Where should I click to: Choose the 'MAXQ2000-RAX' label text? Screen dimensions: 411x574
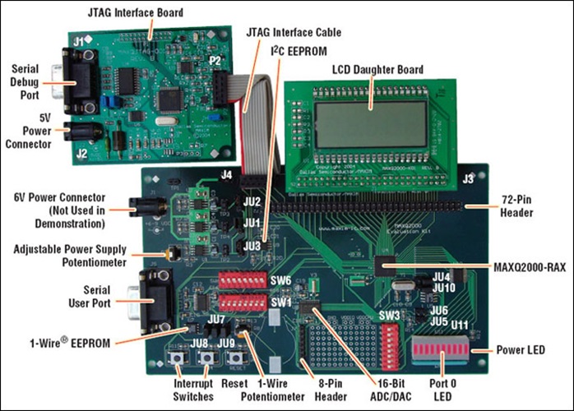click(526, 268)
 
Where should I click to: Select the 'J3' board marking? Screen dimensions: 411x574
click(469, 176)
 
